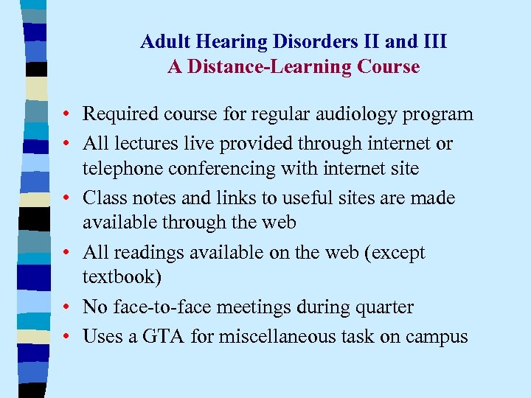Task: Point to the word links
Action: coord(230,198)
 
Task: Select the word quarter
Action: coord(386,307)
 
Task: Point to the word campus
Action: coord(438,337)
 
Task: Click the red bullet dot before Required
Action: coord(67,115)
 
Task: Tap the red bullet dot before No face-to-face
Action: coord(67,308)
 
